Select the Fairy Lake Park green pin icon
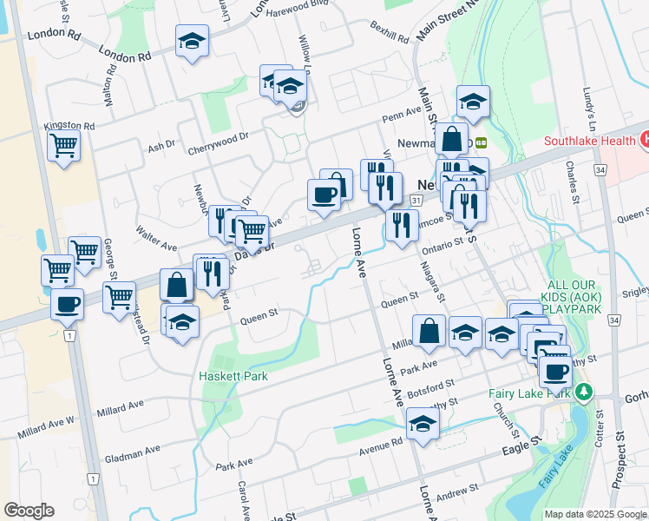click(585, 393)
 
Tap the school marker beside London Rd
click(192, 40)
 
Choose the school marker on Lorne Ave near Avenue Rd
click(423, 424)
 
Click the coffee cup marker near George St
click(68, 305)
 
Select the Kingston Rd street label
click(71, 127)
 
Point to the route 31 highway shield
click(417, 201)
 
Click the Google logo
click(29, 511)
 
